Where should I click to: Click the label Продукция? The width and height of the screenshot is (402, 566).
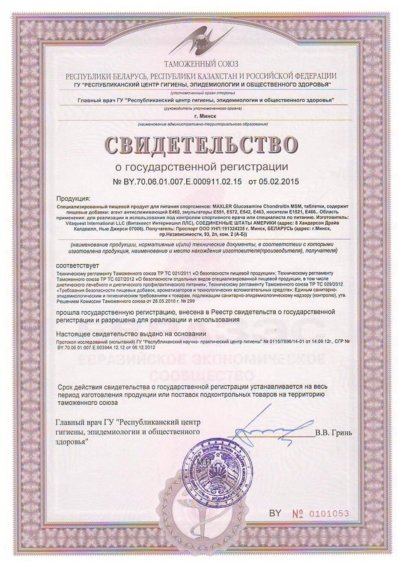pos(73,199)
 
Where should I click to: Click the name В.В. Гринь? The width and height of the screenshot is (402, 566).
pos(334,433)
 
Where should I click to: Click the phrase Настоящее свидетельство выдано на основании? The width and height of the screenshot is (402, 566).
pos(131,334)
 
